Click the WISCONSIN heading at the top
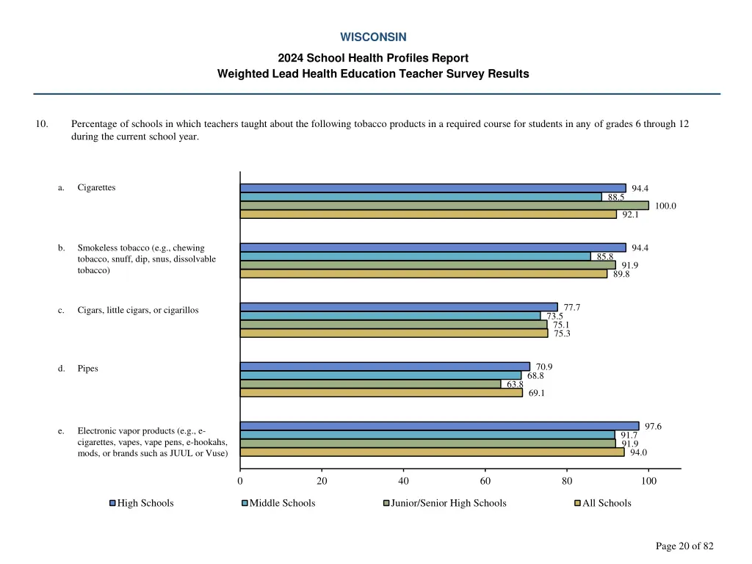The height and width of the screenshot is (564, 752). click(373, 37)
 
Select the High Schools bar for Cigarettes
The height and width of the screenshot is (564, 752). click(433, 188)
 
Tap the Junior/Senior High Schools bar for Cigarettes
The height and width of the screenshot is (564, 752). click(444, 206)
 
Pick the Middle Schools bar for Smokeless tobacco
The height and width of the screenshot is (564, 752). click(415, 256)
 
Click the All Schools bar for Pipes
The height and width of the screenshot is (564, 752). click(381, 392)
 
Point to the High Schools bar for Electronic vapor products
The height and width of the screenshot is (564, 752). click(439, 426)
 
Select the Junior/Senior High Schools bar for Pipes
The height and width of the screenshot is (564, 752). click(370, 383)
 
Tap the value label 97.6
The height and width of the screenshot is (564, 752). click(653, 427)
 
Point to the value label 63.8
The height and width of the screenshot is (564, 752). click(515, 384)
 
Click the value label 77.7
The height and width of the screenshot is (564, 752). click(573, 308)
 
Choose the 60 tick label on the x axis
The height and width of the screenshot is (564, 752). click(485, 482)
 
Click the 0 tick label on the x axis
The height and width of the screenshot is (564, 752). click(240, 482)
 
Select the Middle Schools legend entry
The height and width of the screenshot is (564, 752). click(278, 503)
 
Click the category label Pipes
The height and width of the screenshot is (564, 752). click(87, 369)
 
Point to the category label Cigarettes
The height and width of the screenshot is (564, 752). click(96, 188)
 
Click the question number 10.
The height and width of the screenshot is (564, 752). click(42, 124)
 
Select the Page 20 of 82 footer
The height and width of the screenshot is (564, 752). click(684, 546)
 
